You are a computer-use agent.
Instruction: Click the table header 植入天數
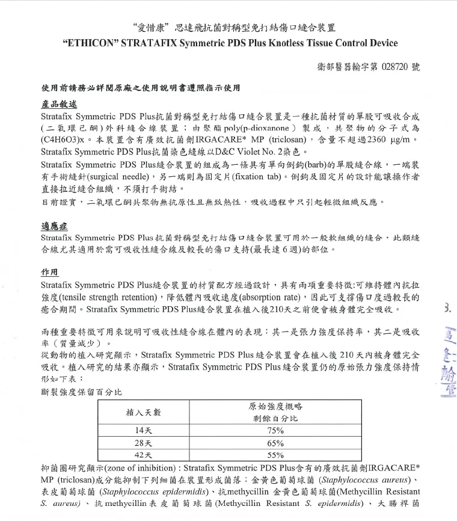coord(143,412)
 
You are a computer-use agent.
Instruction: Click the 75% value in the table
coord(275,431)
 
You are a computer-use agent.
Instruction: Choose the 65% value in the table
coord(275,443)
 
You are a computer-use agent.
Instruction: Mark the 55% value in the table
coord(275,455)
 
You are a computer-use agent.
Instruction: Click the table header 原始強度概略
coord(275,406)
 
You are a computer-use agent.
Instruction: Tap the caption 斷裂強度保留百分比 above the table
coord(81,392)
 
